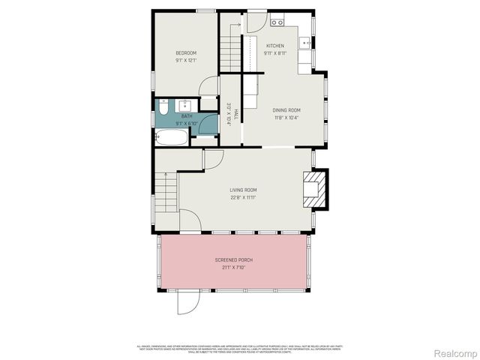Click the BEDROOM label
pos(186,52)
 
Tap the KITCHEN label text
pos(274,45)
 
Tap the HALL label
pos(235,114)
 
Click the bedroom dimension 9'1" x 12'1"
pos(186,61)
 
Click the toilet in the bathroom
pos(163,111)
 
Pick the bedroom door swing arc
pos(211,84)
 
